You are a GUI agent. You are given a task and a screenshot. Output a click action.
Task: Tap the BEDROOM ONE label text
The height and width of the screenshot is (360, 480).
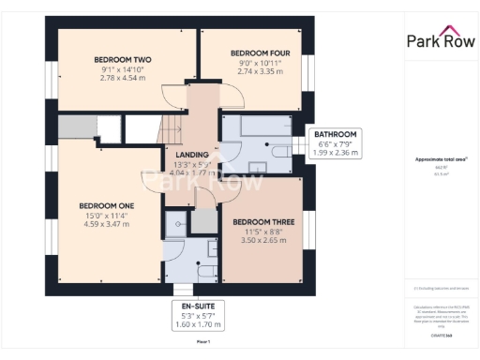click(106, 206)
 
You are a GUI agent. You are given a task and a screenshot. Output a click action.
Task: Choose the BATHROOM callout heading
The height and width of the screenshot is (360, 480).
click(336, 134)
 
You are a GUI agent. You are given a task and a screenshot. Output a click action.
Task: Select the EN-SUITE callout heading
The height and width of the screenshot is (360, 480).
click(196, 306)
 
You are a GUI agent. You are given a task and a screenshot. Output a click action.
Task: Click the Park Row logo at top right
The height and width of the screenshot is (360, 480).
click(439, 40)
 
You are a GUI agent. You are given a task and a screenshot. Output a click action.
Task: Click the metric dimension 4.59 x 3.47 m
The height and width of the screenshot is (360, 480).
click(106, 224)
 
